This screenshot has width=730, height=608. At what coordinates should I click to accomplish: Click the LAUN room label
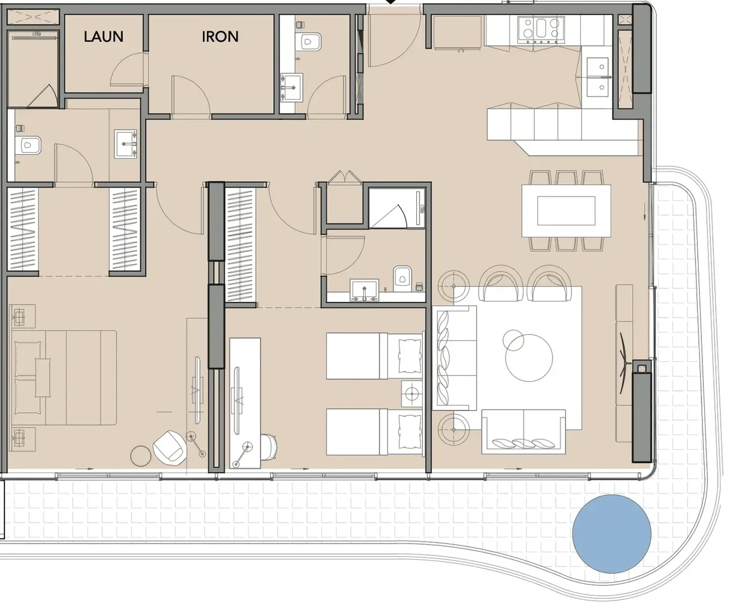click(x=103, y=37)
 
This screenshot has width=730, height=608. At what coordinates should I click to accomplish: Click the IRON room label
click(x=220, y=37)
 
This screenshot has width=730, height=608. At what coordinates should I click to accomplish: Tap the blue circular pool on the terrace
click(x=611, y=534)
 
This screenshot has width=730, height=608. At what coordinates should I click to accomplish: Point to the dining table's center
click(x=566, y=211)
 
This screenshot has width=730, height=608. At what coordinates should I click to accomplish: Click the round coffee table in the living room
click(x=529, y=357)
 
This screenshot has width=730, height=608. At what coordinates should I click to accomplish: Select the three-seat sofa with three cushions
click(x=523, y=431)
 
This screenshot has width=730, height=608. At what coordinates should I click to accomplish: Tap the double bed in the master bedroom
click(x=64, y=378)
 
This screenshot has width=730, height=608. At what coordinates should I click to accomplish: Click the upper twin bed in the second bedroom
click(x=374, y=356)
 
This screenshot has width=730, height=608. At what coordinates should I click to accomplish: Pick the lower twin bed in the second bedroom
click(x=374, y=432)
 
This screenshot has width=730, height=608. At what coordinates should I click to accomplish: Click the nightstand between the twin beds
click(x=412, y=394)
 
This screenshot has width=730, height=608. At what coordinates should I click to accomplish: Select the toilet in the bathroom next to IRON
click(x=308, y=42)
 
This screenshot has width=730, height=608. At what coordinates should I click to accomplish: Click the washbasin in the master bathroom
click(x=126, y=145)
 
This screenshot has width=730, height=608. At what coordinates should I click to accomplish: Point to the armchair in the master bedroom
click(x=170, y=448)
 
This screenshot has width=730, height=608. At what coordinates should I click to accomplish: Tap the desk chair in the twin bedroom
click(x=268, y=447)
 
